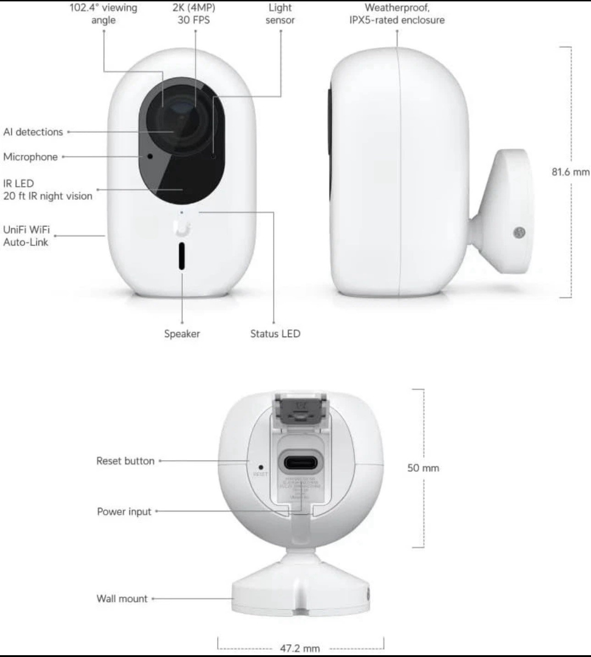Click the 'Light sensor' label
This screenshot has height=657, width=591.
280,14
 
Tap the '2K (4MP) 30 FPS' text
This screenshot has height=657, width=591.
194,14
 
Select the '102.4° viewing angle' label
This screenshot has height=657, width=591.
103,14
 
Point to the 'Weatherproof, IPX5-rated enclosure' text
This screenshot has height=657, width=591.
397,14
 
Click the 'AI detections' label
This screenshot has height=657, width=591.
33,132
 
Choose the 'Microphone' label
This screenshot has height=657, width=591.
30,157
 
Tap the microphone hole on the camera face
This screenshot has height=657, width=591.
150,156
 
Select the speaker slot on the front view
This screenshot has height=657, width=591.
182,256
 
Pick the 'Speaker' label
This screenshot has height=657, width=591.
182,334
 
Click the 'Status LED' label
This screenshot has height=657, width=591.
275,334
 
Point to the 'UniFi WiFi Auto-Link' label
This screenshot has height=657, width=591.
26,236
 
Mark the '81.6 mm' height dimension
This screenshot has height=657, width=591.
570,172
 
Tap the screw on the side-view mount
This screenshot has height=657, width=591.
519,232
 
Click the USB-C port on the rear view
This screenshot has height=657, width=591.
300,462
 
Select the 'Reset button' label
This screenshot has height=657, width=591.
125,461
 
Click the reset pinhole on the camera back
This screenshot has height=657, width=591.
261,467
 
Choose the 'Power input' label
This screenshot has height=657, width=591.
124,512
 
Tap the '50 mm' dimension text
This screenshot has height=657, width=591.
423,468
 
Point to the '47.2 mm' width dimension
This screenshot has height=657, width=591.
300,648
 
